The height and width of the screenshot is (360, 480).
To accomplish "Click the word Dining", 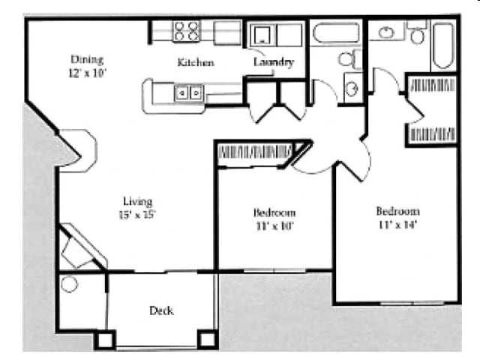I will pyautogui.click(x=87, y=59).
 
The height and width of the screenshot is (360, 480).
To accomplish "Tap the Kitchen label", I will pyautogui.click(x=196, y=62).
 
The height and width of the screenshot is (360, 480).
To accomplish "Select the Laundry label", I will pyautogui.click(x=273, y=62).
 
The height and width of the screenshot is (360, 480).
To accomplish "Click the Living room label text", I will pyautogui.click(x=138, y=201).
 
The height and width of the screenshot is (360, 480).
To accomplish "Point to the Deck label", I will pyautogui.click(x=161, y=310).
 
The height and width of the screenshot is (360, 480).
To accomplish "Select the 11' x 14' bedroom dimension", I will pyautogui.click(x=397, y=224).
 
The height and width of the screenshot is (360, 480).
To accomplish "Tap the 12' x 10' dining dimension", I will pyautogui.click(x=87, y=73).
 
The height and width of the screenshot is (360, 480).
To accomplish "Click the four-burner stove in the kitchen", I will pyautogui.click(x=187, y=31).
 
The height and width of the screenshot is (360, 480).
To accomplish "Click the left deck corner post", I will pyautogui.click(x=105, y=340).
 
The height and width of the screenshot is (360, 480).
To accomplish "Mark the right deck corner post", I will pyautogui.click(x=207, y=340).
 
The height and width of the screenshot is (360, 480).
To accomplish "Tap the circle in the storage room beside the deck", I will pyautogui.click(x=69, y=285).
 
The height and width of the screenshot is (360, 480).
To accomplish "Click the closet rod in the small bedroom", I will pyautogui.click(x=255, y=151).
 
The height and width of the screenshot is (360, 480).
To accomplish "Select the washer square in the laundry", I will pyautogui.click(x=263, y=34).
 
